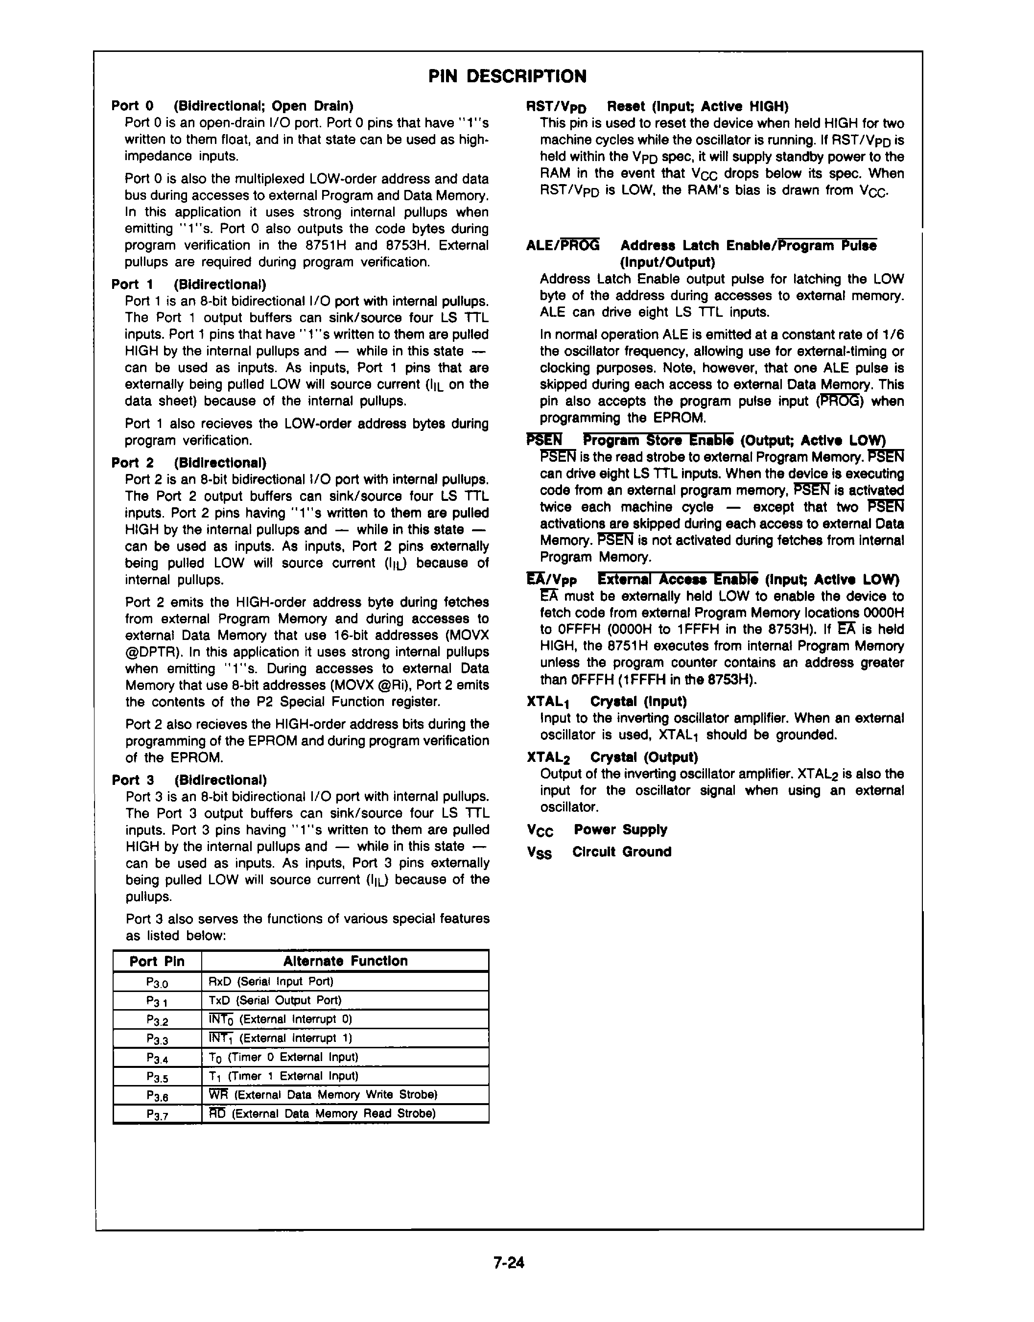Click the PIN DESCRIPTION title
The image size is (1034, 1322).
coord(507,76)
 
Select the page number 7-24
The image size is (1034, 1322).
coord(509,1263)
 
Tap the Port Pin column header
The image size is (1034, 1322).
coord(157,961)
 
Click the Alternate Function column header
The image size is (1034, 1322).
coord(345,961)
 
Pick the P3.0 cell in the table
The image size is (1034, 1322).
coord(157,982)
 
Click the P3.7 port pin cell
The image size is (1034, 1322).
coord(157,1114)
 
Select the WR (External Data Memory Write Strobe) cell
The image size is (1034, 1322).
coord(323,1094)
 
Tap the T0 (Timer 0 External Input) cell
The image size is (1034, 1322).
coord(283,1057)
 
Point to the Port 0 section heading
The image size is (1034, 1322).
coord(133,106)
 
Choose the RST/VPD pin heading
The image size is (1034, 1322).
coord(556,107)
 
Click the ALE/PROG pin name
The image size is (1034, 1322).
coord(563,245)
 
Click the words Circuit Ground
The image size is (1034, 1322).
coord(622,851)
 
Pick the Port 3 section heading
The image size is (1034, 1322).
coord(133,779)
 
